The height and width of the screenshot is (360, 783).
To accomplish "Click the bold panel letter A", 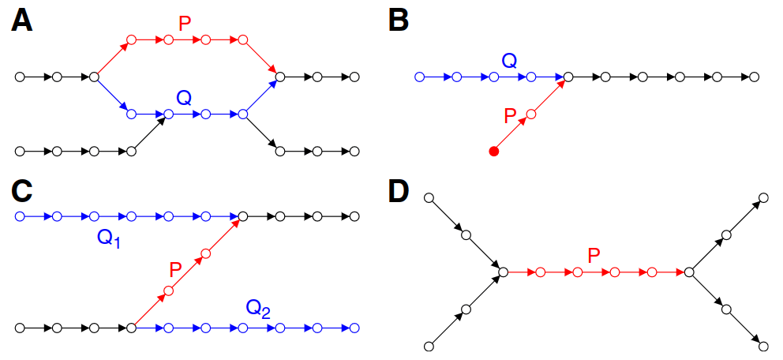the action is click(21, 21).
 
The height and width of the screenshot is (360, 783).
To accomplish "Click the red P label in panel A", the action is click(185, 24).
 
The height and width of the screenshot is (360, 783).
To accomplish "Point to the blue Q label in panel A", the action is click(184, 98).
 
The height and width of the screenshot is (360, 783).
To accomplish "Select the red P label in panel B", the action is click(510, 116).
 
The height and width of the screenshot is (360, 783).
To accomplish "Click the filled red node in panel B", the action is click(494, 152).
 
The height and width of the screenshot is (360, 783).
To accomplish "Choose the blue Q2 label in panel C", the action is click(258, 308).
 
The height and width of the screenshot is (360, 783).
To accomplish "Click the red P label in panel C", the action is click(175, 269).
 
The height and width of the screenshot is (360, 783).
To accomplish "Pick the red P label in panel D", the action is click(595, 254).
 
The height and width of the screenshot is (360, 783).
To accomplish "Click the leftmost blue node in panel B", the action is click(419, 77).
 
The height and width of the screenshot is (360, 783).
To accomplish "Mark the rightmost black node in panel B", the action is click(754, 77).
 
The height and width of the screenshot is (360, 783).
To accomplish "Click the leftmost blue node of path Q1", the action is click(20, 216).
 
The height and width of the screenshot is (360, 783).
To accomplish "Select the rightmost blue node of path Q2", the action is click(354, 327).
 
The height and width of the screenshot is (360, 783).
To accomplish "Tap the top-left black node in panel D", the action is click(429, 197).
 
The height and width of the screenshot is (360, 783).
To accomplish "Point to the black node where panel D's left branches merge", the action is click(503, 272).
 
